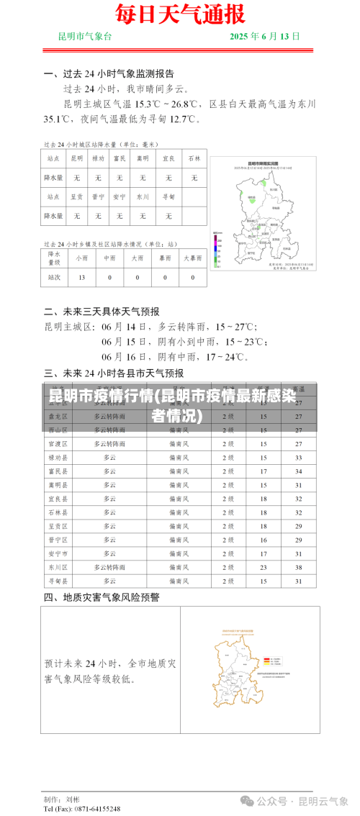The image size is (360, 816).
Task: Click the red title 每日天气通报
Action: point(180,14)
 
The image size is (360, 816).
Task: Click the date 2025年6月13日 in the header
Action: point(265,36)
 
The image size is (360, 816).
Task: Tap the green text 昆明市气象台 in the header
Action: point(85,36)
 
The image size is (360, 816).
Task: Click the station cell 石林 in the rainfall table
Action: point(194,158)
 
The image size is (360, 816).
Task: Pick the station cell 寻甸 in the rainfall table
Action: point(168,196)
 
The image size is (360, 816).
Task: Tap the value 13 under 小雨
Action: point(82,277)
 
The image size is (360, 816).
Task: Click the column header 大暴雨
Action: point(193,258)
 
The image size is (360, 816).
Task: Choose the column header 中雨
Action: point(109,258)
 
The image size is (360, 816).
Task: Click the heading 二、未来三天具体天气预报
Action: point(102,312)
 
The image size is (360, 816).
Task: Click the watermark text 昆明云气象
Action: point(323,800)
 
